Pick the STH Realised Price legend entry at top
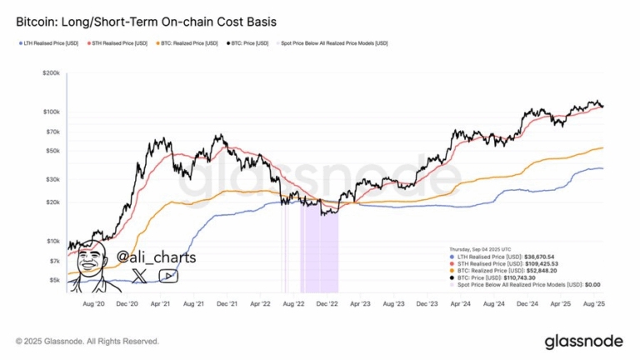[121, 42]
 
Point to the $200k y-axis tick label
[49, 74]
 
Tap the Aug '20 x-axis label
[94, 306]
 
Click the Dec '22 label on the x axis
[327, 306]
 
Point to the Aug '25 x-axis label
[592, 306]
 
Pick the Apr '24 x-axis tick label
[459, 306]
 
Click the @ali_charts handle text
[157, 257]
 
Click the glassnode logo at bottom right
[583, 341]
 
